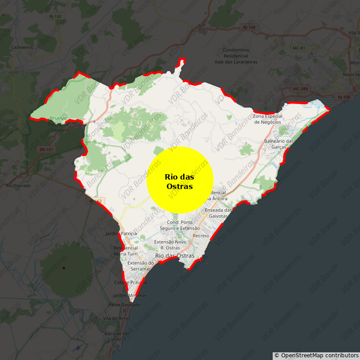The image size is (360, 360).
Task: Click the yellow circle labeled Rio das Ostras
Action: click(x=180, y=180)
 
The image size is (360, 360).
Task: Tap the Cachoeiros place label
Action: click(x=22, y=47)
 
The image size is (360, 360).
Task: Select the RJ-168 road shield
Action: click(x=249, y=27)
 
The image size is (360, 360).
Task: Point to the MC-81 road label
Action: click(x=299, y=48)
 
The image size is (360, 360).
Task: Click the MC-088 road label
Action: click(x=300, y=89)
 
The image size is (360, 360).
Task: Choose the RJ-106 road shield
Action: click(x=344, y=97)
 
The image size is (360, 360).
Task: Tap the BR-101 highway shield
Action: click(x=46, y=149)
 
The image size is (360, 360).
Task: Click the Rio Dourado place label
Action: click(x=18, y=185)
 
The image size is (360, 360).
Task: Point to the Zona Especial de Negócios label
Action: click(x=267, y=119)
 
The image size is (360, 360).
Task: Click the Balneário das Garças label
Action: click(x=279, y=144)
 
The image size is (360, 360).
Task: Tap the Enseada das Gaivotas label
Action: click(x=218, y=213)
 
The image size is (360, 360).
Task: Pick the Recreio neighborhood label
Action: click(x=201, y=235)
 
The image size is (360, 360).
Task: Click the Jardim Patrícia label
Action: click(x=121, y=234)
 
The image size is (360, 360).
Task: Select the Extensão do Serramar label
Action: click(x=141, y=265)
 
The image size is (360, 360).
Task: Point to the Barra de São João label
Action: click(x=117, y=336)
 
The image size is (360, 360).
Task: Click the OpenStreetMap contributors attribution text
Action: click(x=316, y=355)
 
